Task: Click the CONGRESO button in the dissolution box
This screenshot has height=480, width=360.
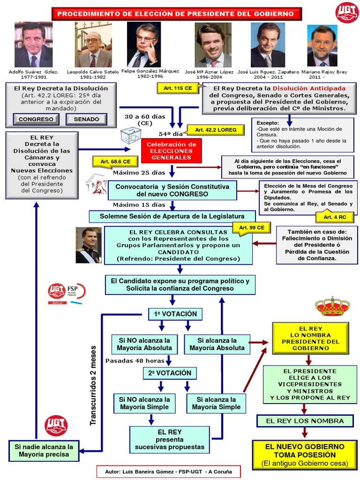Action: click(x=36, y=119)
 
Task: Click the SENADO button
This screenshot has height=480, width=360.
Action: click(x=86, y=119)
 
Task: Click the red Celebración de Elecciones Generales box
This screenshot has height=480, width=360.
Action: click(x=172, y=151)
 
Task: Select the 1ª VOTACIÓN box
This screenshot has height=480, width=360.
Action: click(x=175, y=314)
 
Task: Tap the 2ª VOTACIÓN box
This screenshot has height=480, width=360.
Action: click(x=170, y=373)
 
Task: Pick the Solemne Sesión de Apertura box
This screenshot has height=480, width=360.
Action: click(x=172, y=216)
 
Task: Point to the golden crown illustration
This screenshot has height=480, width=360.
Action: click(x=332, y=307)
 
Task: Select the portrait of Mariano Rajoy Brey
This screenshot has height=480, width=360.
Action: click(x=322, y=46)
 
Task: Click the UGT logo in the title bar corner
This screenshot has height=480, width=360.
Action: click(x=346, y=13)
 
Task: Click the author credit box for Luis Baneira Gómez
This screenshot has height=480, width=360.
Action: click(x=168, y=471)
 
